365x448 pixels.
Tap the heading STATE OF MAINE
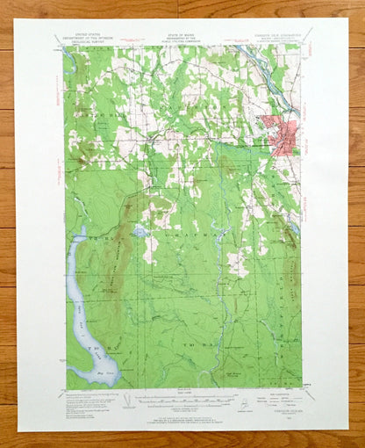(x=182, y=36)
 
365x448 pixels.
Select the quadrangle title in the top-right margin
(x=276, y=37)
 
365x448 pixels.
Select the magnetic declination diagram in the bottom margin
(x=131, y=401)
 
